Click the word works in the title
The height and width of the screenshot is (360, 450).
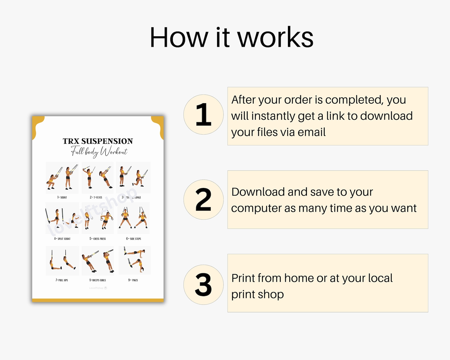[x=275, y=38]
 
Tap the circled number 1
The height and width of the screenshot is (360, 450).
[x=203, y=115]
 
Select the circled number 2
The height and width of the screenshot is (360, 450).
[x=203, y=200]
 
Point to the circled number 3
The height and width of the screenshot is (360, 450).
[x=203, y=285]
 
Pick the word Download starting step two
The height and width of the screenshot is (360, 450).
[x=258, y=192]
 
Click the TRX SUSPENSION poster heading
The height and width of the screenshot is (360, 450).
[x=98, y=141]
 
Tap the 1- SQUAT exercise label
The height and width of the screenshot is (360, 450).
[x=62, y=197]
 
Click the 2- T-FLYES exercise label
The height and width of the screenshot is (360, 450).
[x=96, y=197]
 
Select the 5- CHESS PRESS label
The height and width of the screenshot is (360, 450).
[x=97, y=239]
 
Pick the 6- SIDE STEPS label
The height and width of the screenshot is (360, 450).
[x=133, y=239]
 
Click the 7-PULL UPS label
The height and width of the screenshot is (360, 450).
[x=62, y=280]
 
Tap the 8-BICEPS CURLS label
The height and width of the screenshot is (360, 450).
[x=97, y=280]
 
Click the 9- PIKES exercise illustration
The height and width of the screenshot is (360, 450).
[x=134, y=260]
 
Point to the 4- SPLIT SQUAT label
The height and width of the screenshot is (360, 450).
[x=62, y=239]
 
